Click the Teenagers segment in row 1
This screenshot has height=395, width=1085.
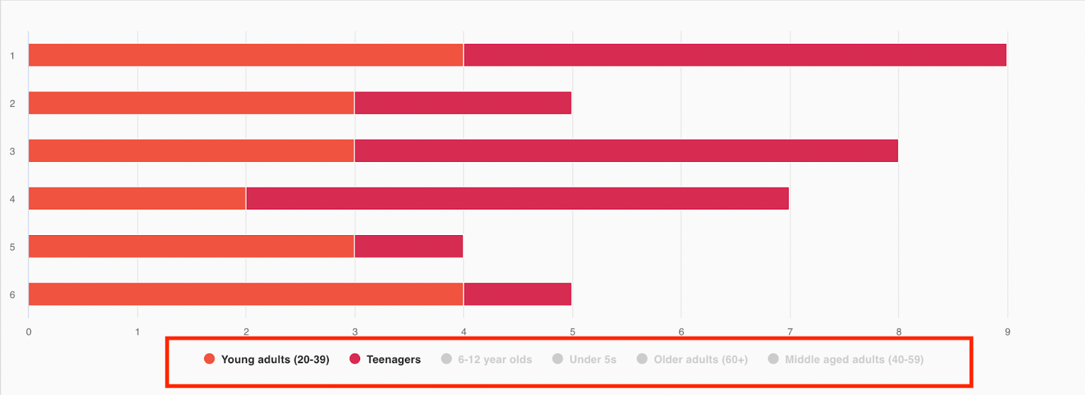734,55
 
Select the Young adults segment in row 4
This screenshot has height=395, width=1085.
137,199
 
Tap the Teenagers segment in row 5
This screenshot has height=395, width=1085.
408,247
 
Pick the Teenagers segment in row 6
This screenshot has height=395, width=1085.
517,294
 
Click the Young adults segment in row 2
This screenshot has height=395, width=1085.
191,103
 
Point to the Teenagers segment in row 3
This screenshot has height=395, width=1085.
626,150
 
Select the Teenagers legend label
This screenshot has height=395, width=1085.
393,359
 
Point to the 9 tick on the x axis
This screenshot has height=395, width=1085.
1007,332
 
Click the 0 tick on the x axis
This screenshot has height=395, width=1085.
28,332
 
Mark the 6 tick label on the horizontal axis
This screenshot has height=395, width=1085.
681,332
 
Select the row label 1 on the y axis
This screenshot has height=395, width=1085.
12,56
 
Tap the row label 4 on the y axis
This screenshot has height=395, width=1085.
12,199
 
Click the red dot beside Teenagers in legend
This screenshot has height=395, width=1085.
355,358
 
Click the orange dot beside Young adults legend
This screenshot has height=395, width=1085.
210,358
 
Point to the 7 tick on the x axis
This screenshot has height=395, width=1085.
789,332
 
